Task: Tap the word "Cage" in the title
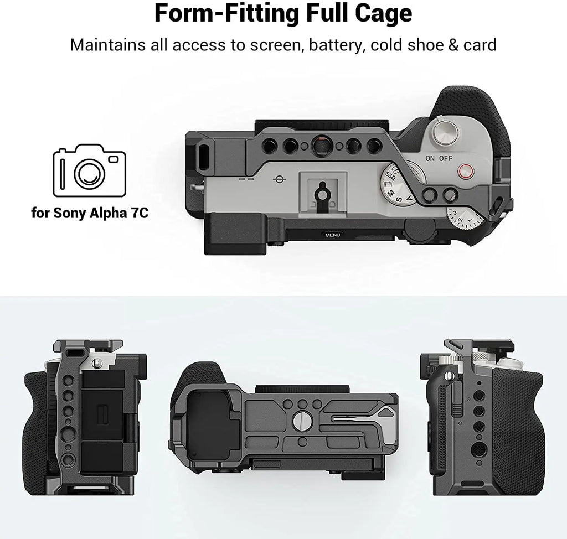tap(383, 14)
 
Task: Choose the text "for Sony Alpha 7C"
tap(89, 213)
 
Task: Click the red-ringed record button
tap(464, 172)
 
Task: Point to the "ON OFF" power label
tap(439, 158)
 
